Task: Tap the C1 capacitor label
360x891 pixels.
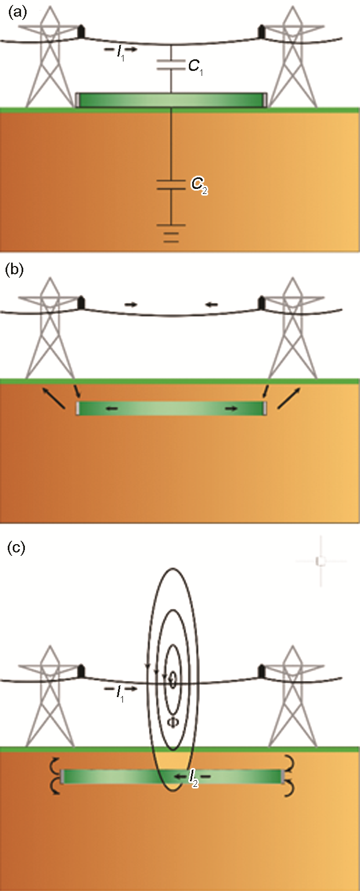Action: (x=194, y=67)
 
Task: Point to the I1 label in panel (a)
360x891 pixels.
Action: (x=120, y=52)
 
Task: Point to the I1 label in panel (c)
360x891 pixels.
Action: (x=120, y=691)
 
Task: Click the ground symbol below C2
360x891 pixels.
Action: (x=171, y=233)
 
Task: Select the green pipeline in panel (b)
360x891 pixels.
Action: (x=171, y=408)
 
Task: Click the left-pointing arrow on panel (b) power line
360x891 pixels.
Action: (x=211, y=304)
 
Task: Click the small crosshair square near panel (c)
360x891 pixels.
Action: (x=320, y=561)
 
